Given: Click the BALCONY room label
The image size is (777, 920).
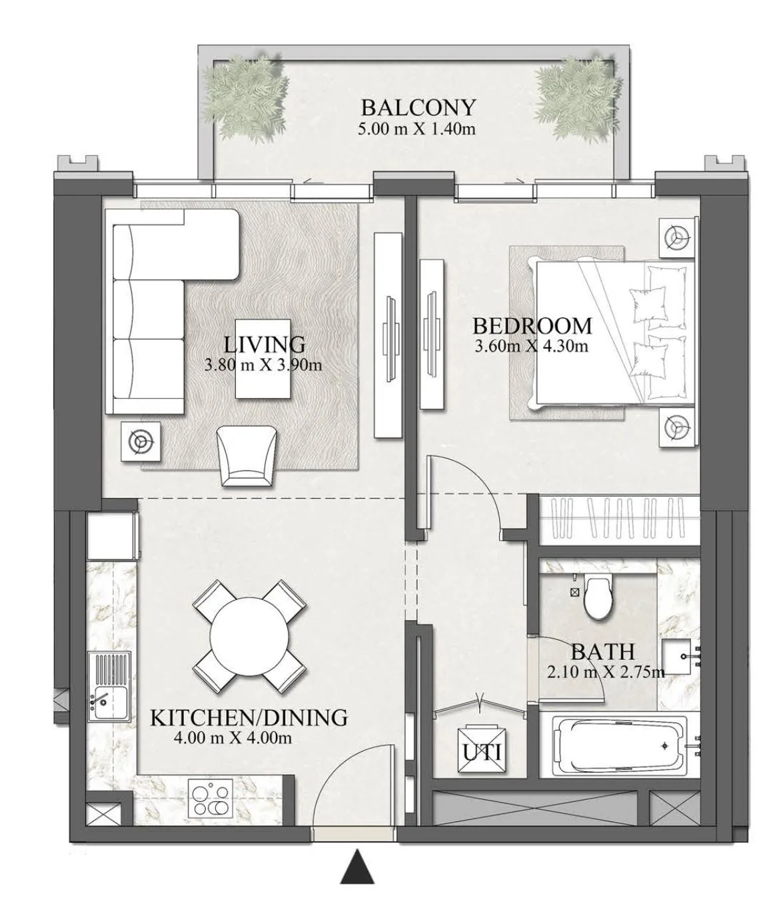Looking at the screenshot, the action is click(418, 107).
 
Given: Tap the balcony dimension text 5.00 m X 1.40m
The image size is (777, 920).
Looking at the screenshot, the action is click(416, 129).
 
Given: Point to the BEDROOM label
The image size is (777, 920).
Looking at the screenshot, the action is click(532, 325).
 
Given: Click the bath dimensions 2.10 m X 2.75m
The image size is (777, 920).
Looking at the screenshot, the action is click(605, 672).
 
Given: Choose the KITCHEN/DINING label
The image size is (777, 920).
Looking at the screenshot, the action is click(249, 718).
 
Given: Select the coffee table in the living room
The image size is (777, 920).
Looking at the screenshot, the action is click(263, 359).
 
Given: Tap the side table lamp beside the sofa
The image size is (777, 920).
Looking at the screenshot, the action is click(141, 442).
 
